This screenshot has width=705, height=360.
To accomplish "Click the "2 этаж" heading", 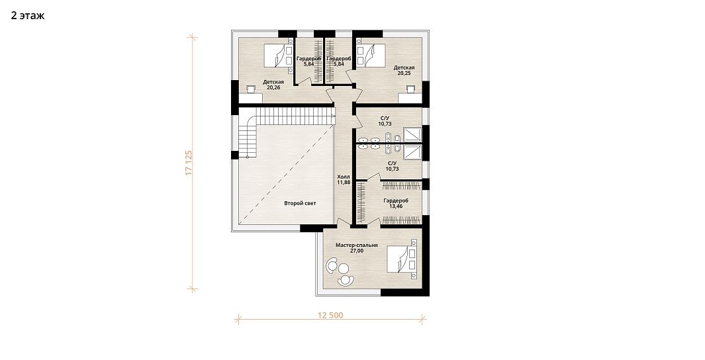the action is click(x=28, y=16).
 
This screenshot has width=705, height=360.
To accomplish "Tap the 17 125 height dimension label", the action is click(x=189, y=162).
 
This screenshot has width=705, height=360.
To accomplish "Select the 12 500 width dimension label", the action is click(x=330, y=315).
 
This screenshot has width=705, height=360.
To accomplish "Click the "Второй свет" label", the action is click(x=300, y=203).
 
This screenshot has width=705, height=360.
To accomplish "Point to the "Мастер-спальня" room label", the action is click(x=357, y=246).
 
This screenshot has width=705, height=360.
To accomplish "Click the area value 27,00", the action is click(x=357, y=251).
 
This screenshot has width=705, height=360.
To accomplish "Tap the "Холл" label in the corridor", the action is click(x=344, y=177).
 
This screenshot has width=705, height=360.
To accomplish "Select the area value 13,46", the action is click(x=396, y=206).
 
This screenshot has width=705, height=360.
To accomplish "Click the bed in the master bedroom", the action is click(x=402, y=259).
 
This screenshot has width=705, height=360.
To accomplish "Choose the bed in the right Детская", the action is click(x=372, y=56).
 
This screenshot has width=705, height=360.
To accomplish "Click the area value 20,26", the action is click(x=273, y=87).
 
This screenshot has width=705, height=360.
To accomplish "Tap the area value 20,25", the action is click(x=404, y=73).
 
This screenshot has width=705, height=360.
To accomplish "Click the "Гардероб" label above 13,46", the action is click(x=396, y=201).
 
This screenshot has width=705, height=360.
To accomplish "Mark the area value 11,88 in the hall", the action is click(x=344, y=183).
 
